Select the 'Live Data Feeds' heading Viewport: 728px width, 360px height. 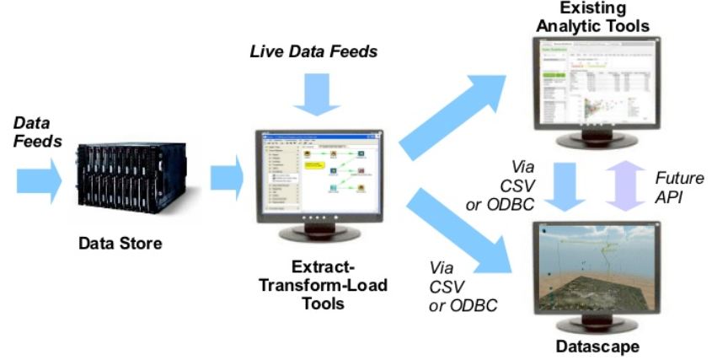[313, 52]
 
